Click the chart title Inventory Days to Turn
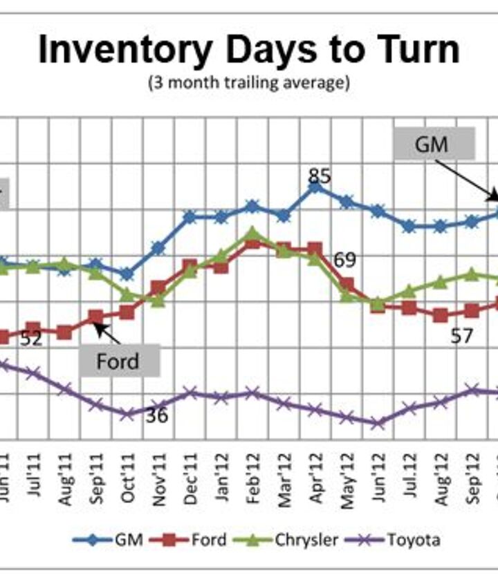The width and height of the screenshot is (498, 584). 248,50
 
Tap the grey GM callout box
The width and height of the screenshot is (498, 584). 434,144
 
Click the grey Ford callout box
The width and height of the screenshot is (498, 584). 118,361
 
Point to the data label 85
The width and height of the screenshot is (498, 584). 319,176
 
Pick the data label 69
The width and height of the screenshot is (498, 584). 344,261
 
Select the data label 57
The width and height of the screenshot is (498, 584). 462,336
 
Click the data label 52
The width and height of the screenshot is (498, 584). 31,339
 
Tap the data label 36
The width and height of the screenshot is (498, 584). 156,415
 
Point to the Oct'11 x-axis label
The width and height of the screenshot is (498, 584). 127,479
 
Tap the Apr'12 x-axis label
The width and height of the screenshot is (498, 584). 315,479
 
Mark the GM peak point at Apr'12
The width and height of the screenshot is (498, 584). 315,186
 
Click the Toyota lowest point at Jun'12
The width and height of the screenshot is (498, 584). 377,423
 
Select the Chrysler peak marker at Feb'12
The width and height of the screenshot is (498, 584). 252,233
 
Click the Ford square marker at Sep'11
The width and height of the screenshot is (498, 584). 96,317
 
